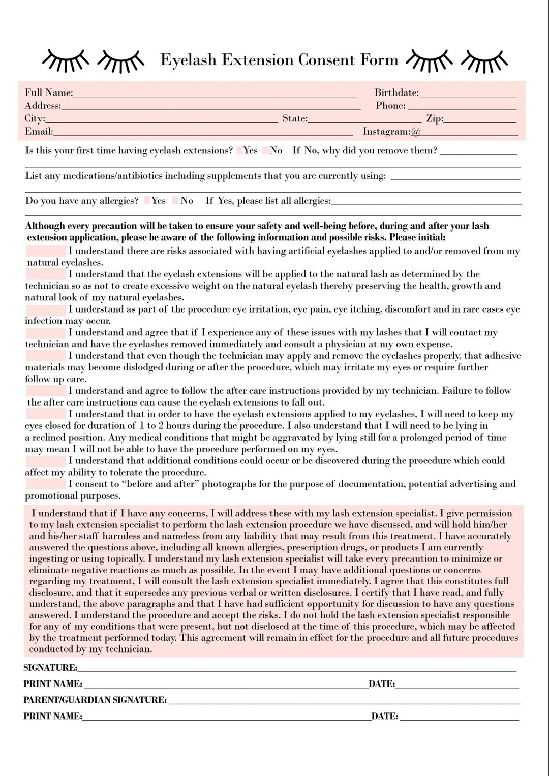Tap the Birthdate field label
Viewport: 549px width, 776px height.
pyautogui.click(x=396, y=93)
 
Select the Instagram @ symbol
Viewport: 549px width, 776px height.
pyautogui.click(x=415, y=132)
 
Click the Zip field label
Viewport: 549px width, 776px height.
pyautogui.click(x=435, y=119)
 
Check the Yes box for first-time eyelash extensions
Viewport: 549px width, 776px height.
pyautogui.click(x=239, y=150)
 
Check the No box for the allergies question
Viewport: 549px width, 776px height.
pyautogui.click(x=175, y=201)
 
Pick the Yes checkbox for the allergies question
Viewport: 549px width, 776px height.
pyautogui.click(x=147, y=201)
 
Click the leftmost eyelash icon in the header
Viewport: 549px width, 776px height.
pyautogui.click(x=66, y=60)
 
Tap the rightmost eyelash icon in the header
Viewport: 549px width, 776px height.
pyautogui.click(x=484, y=60)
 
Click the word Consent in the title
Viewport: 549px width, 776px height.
pyautogui.click(x=326, y=60)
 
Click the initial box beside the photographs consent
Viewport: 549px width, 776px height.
pyautogui.click(x=46, y=484)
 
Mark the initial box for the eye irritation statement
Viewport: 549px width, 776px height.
pyautogui.click(x=46, y=309)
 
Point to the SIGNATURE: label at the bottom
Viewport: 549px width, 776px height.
pyautogui.click(x=50, y=668)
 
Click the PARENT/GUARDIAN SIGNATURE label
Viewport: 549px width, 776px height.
pyautogui.click(x=95, y=700)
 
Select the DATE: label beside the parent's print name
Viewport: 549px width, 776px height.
pyautogui.click(x=385, y=717)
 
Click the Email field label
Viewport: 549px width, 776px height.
pyautogui.click(x=39, y=132)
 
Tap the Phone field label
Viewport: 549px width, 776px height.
pyautogui.click(x=390, y=106)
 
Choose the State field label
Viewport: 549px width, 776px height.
pyautogui.click(x=295, y=119)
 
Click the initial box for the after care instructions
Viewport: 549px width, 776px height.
pyautogui.click(x=46, y=391)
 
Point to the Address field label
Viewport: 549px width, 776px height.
pyautogui.click(x=43, y=106)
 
